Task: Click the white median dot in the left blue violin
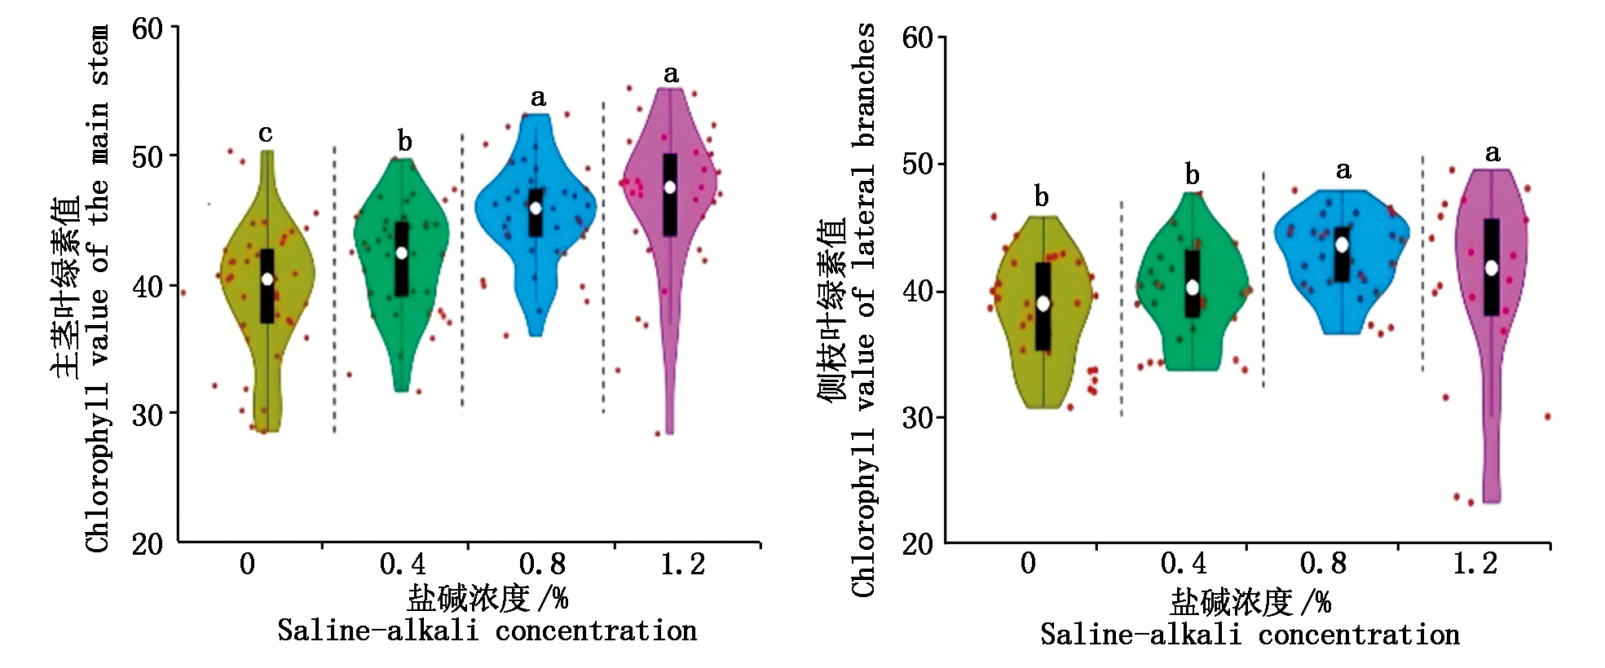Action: (536, 208)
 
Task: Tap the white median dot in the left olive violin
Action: (267, 279)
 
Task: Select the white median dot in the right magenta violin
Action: (1491, 267)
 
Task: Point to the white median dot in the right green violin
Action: (1193, 287)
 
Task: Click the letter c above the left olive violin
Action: (265, 133)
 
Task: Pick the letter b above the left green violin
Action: (404, 142)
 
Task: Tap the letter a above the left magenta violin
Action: (671, 74)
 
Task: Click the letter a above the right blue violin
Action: (1343, 169)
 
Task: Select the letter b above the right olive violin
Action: (1041, 196)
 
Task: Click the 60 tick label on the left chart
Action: (148, 29)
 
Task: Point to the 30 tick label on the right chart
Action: (918, 418)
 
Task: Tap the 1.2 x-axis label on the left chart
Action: (683, 564)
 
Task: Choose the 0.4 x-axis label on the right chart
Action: (1184, 563)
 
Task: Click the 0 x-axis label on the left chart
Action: (247, 564)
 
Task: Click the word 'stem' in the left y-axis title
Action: (99, 55)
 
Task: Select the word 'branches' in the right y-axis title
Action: (864, 86)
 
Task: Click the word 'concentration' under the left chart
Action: (596, 631)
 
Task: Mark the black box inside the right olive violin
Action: (1043, 306)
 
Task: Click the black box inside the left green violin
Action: (402, 259)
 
